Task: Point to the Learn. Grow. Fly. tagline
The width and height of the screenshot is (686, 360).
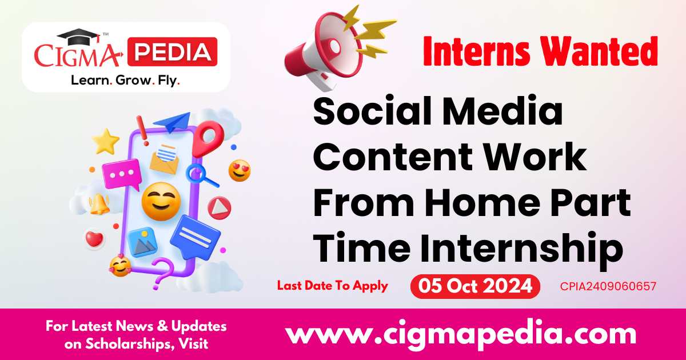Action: tap(125, 81)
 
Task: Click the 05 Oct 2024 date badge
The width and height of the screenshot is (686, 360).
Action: tap(475, 286)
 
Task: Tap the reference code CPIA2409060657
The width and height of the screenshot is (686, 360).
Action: tap(608, 286)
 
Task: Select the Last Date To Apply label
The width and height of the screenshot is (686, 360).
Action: tap(332, 286)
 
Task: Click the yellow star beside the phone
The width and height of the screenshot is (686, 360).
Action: tap(106, 141)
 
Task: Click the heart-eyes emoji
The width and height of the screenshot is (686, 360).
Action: tap(240, 170)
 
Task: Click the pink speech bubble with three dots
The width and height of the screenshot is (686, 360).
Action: tap(121, 174)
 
